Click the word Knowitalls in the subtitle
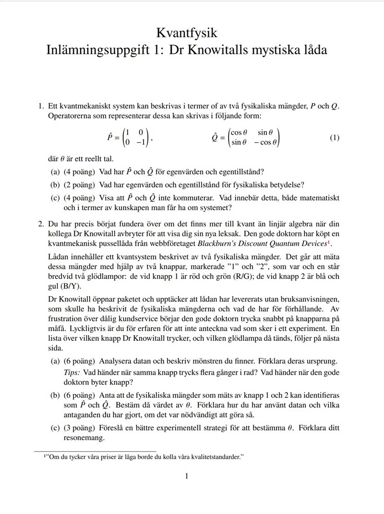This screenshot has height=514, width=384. [x=225, y=49]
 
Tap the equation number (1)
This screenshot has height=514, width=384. [x=335, y=138]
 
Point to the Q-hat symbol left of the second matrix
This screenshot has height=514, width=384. [x=215, y=138]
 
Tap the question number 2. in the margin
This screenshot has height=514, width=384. [x=41, y=223]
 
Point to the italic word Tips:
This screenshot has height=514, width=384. [x=72, y=373]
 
